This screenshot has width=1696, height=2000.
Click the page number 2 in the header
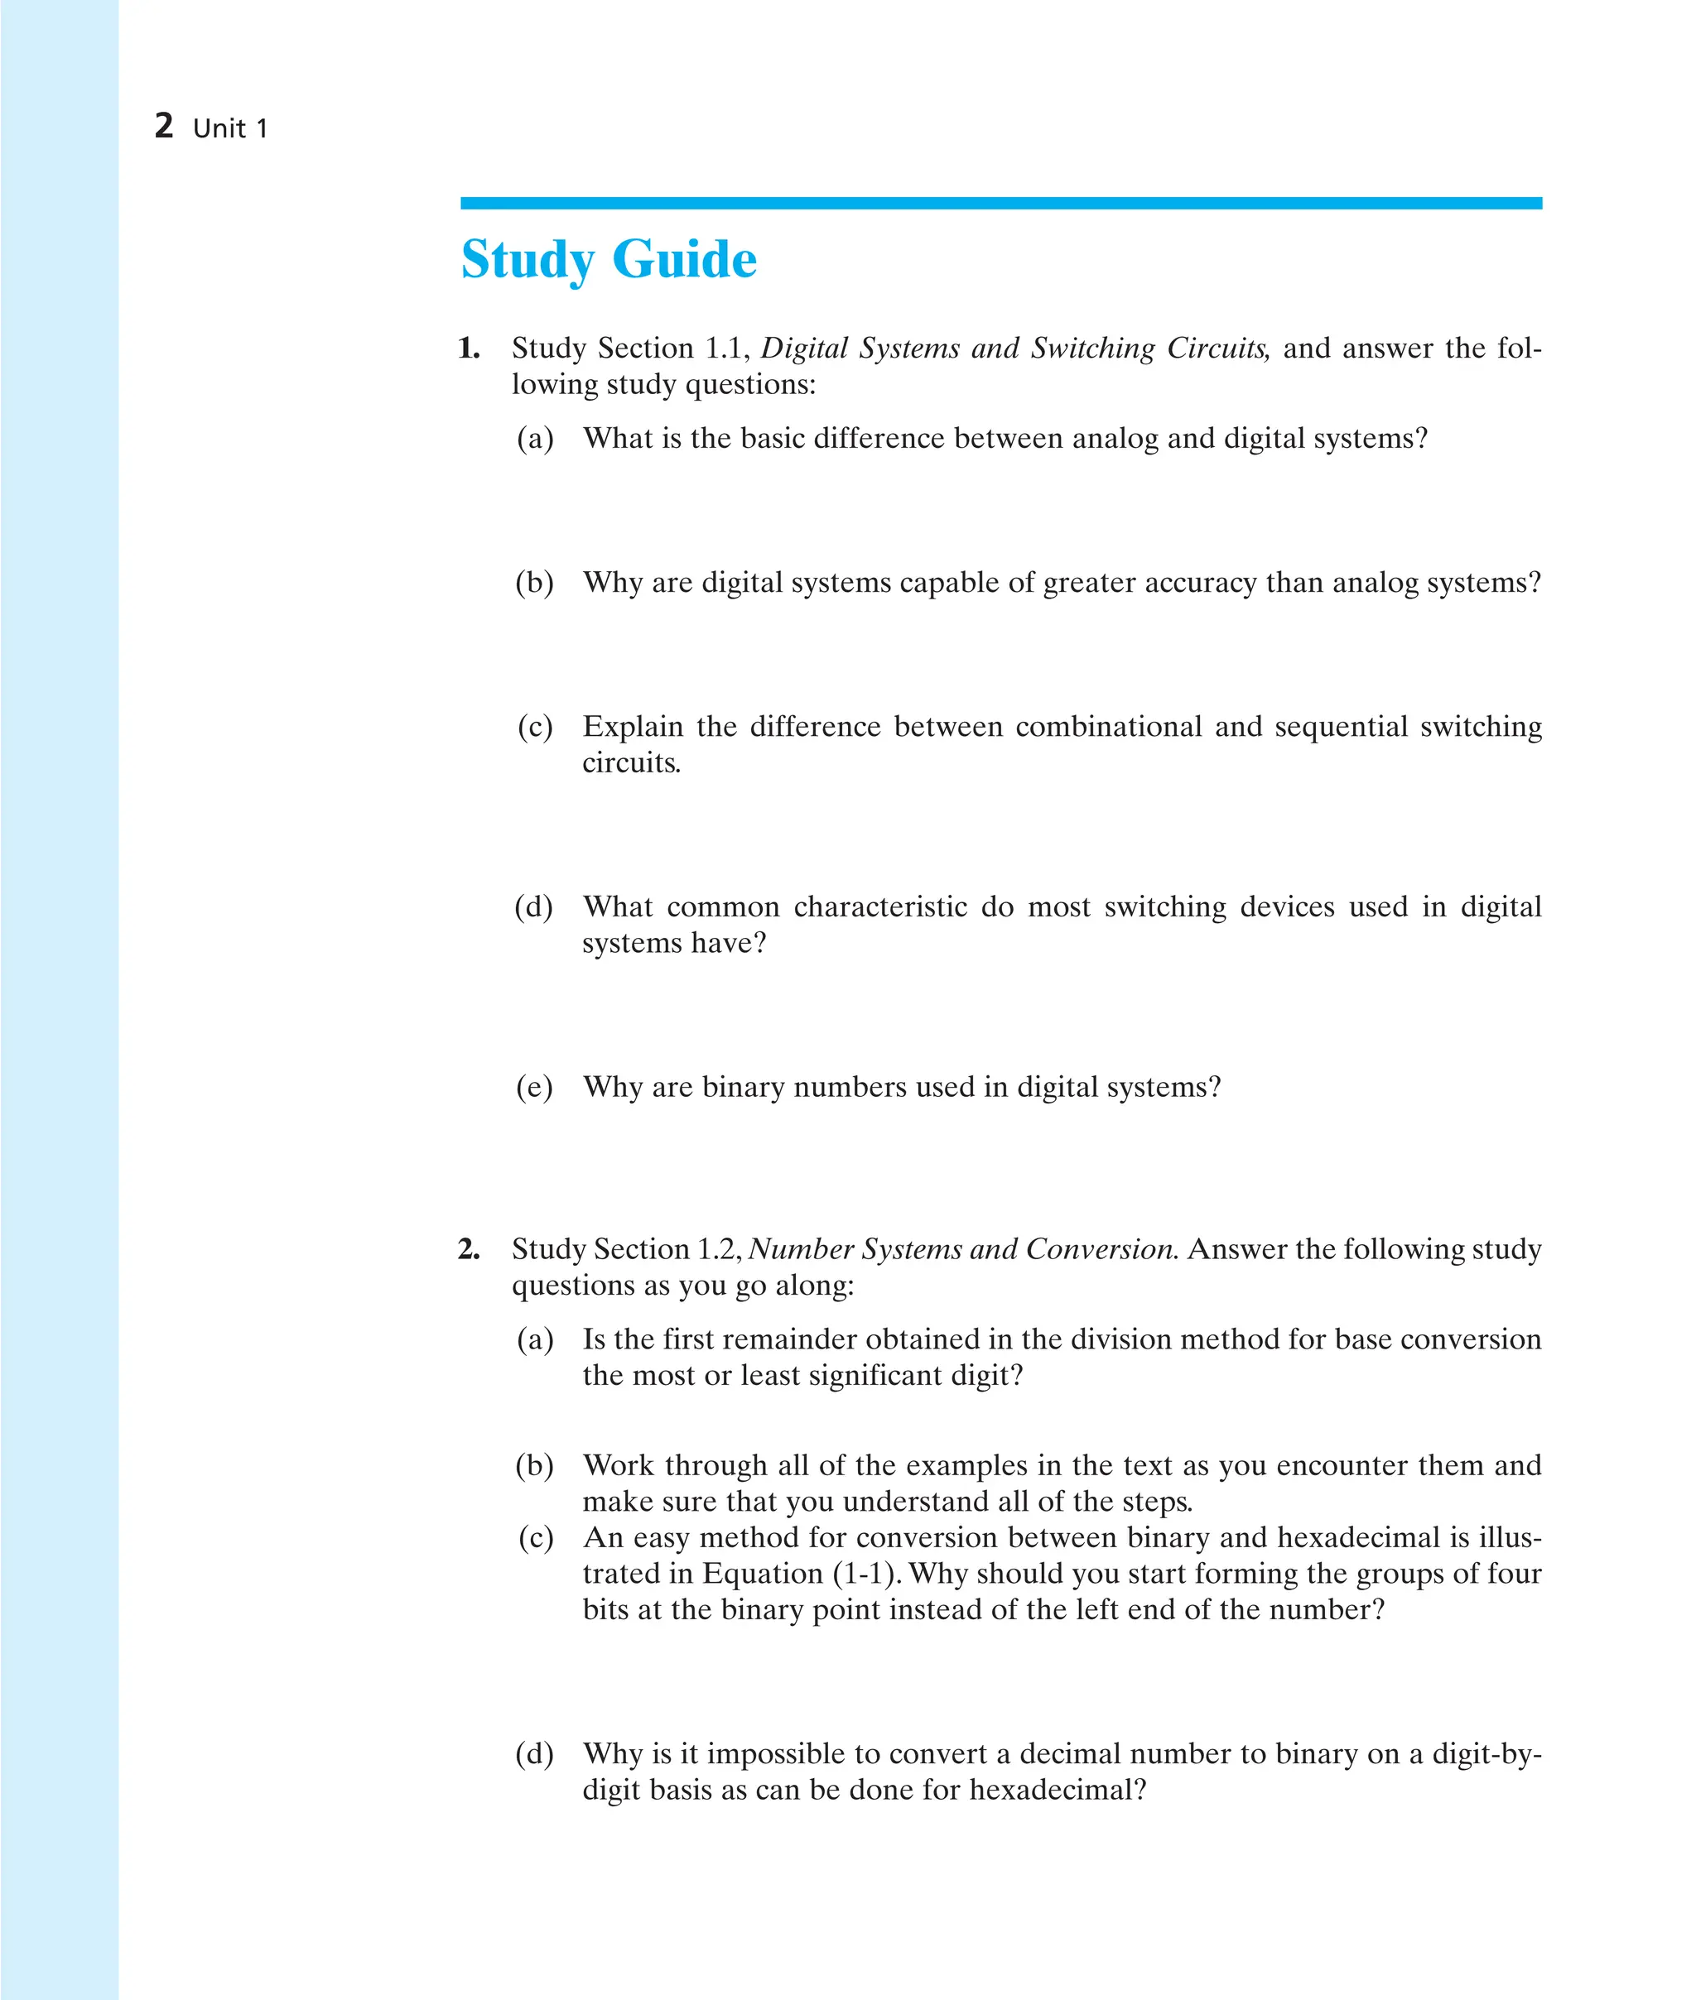point(163,126)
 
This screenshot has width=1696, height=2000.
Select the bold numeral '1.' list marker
point(470,349)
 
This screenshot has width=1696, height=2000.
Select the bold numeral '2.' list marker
point(470,1249)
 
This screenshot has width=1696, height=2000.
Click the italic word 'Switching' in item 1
point(1092,349)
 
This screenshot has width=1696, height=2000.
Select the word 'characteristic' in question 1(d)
point(879,907)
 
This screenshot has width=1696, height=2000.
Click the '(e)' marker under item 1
point(535,1088)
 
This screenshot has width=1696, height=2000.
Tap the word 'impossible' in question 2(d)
point(776,1754)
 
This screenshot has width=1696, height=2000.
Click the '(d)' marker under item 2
point(535,1754)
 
